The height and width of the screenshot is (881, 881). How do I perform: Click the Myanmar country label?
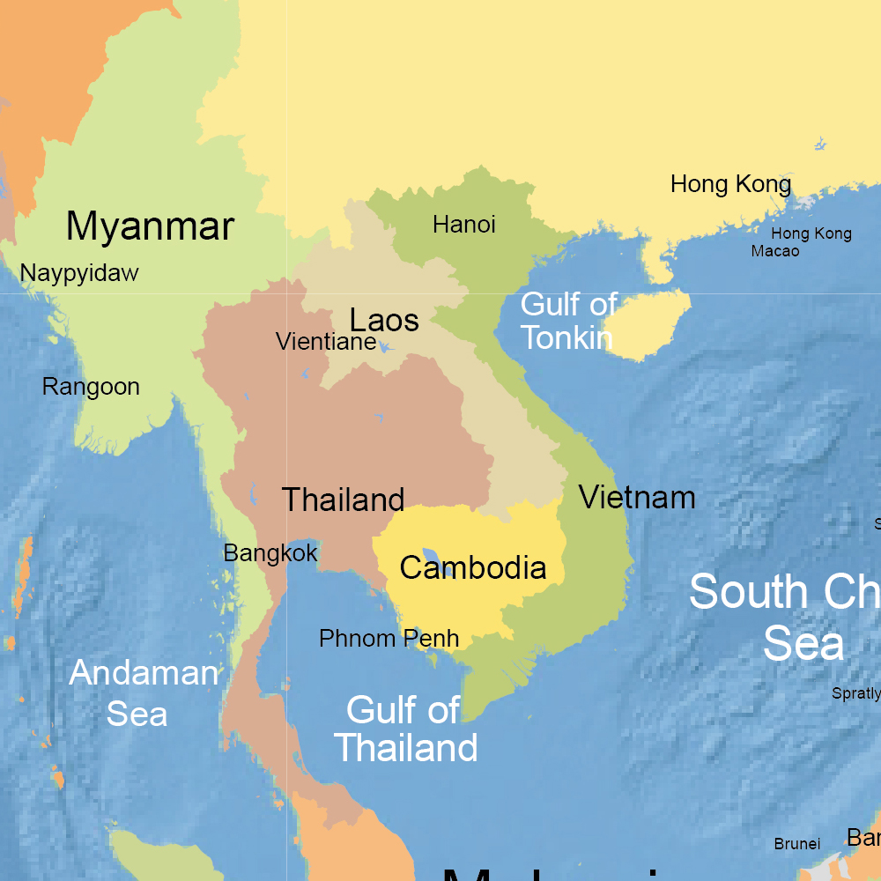pos(150,226)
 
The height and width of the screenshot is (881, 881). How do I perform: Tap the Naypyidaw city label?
pos(79,273)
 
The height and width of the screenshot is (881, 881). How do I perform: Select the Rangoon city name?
pos(91,387)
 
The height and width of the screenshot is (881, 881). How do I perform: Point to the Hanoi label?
pos(463,226)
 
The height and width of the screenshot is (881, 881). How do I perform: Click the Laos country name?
pos(384,320)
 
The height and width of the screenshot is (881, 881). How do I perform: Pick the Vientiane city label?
pos(326,342)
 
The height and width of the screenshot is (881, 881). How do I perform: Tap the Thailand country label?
pos(343,500)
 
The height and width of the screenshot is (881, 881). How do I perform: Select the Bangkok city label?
pos(270,554)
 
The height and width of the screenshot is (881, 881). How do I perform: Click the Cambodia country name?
pos(472,568)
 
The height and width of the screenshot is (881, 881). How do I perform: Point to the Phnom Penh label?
pos(389,639)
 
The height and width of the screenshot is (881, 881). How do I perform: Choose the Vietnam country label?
pos(637,498)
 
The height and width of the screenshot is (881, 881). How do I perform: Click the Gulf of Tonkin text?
pos(568,322)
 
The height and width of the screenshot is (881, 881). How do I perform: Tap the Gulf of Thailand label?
pos(405,729)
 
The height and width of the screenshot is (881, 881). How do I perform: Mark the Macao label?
pos(775,252)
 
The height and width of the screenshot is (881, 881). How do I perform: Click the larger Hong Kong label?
pos(730,185)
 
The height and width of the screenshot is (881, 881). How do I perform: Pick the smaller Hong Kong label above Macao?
pos(811,233)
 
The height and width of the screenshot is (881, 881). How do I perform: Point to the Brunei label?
pos(797,844)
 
